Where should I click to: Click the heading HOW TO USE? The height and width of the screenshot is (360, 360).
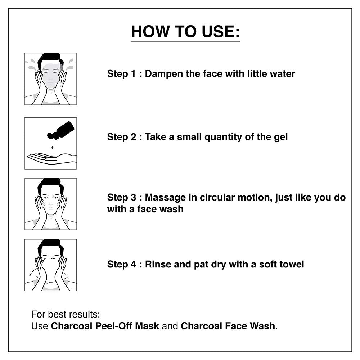(185, 31)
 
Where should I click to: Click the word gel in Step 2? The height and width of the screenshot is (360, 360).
(281, 137)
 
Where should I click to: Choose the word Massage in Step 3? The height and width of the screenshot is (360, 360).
(165, 198)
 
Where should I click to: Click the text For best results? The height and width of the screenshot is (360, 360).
(66, 314)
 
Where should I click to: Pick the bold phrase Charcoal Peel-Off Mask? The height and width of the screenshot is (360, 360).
(105, 326)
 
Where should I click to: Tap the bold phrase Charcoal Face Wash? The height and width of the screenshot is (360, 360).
(228, 326)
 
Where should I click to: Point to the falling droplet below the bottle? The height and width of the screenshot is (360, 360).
(53, 147)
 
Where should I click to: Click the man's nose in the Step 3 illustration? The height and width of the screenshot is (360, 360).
(50, 203)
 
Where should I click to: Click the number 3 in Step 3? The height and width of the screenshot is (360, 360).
(134, 198)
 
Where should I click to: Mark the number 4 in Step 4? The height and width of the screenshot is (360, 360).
(134, 264)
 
